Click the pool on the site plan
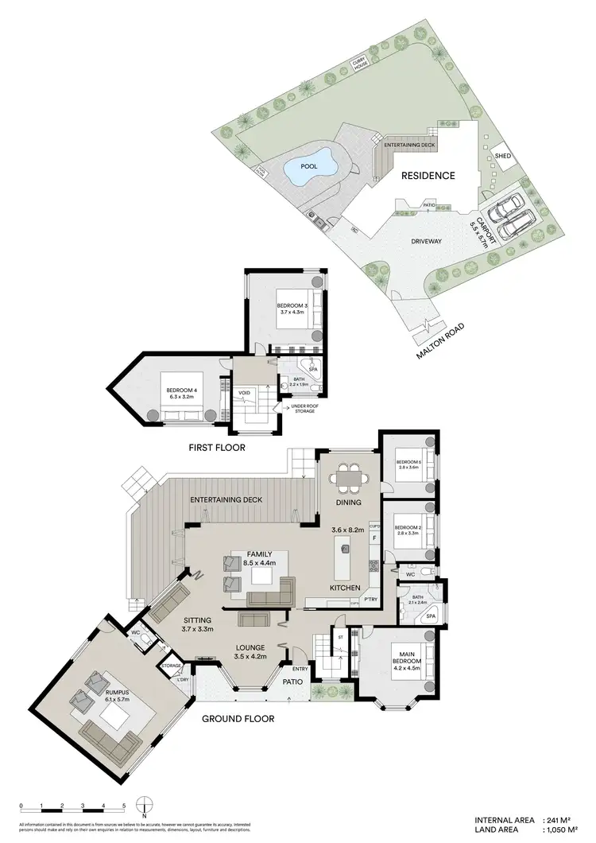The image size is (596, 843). pos(308,168)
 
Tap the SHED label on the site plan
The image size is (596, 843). pos(502,156)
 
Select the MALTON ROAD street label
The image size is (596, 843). pos(443,340)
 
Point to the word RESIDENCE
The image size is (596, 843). pos(428,176)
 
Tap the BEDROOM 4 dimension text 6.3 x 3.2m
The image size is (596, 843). pos(181,397)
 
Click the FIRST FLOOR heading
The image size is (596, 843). pos(217,448)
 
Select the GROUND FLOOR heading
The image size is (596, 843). pos(238,718)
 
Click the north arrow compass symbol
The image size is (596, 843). pos(145,806)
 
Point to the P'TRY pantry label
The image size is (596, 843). pos(370,599)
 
